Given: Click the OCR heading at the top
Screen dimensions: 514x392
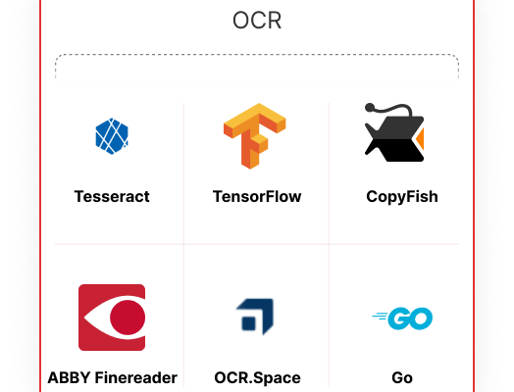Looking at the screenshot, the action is (x=257, y=21).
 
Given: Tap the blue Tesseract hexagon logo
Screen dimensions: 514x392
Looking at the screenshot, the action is (x=112, y=136).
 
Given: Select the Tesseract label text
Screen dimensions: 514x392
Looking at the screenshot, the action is (x=112, y=197).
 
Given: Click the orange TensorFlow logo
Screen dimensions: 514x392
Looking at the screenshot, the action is (x=255, y=136).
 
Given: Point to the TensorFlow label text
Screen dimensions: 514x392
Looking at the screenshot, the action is (x=257, y=197).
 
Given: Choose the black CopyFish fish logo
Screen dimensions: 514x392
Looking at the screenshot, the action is (x=394, y=132).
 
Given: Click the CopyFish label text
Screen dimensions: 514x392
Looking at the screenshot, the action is (x=402, y=197).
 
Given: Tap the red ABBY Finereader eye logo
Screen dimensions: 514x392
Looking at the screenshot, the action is (x=112, y=318).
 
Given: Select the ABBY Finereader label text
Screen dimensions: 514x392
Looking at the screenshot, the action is (x=113, y=378).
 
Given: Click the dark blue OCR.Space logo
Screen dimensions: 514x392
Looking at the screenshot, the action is (x=255, y=317).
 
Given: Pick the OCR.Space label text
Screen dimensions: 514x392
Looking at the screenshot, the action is (x=257, y=378).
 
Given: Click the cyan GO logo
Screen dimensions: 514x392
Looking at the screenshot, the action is (x=402, y=318).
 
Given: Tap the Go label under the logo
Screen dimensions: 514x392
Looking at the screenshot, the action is (x=402, y=378).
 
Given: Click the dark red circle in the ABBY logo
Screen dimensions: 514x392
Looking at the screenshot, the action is (x=128, y=318).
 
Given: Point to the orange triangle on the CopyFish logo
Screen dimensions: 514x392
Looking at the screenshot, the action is (x=421, y=138).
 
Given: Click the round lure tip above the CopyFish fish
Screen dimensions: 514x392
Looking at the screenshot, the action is (x=370, y=108).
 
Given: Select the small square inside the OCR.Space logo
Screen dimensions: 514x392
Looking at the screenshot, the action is (x=248, y=322).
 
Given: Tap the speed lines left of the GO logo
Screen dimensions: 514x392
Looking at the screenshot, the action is (x=381, y=317).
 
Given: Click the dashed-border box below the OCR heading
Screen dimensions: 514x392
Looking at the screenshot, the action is (x=257, y=67).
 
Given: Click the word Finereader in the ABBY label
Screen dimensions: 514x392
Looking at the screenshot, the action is (x=135, y=378).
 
